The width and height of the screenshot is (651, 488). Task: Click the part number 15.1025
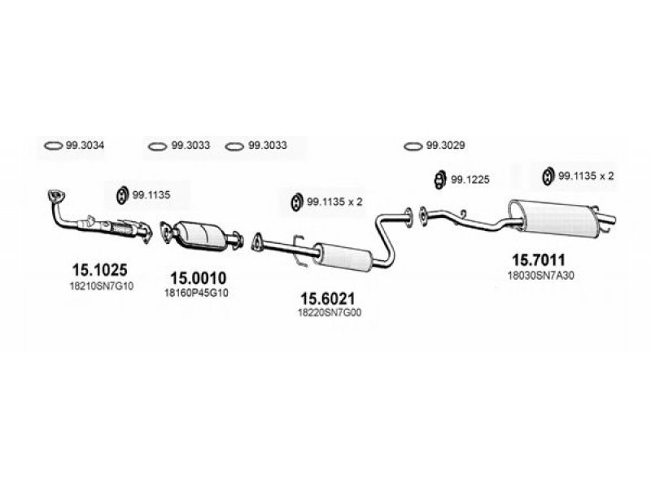tap(99, 270)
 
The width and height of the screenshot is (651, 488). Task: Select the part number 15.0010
tap(199, 278)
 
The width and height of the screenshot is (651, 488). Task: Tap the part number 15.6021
tap(328, 298)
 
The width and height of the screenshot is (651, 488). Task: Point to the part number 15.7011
tap(539, 259)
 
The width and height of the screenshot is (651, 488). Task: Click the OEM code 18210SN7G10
tap(101, 286)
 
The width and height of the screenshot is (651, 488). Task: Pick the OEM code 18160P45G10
tap(196, 293)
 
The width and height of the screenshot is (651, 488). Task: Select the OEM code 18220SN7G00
tap(330, 312)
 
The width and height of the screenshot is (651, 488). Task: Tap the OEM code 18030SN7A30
tap(541, 275)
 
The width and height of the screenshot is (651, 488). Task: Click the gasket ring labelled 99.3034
tap(53, 146)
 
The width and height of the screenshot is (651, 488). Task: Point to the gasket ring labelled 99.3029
tap(413, 146)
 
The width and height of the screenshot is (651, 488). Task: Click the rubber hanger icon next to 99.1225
tap(439, 179)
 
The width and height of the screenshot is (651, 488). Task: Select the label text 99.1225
tap(470, 179)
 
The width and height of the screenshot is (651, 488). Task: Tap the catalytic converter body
tap(199, 236)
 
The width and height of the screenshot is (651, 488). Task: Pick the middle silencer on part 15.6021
tap(343, 256)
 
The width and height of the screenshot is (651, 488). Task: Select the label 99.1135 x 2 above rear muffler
tap(586, 176)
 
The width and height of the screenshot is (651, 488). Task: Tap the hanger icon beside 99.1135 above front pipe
tap(121, 195)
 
